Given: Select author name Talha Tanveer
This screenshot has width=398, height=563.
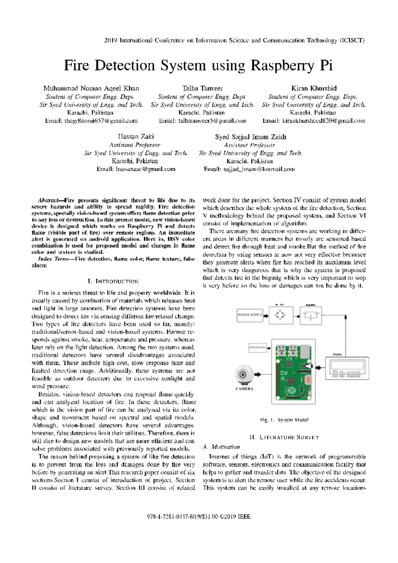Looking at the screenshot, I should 202,88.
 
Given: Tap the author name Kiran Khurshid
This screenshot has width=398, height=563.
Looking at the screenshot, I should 314,88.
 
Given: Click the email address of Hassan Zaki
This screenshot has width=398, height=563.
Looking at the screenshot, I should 136,169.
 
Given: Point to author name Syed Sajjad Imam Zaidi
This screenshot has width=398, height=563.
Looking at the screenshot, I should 250,137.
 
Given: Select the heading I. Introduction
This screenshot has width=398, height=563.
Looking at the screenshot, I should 113,281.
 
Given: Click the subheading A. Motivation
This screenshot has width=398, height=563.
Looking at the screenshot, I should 221,447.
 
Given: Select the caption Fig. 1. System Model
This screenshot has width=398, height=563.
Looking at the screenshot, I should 284,420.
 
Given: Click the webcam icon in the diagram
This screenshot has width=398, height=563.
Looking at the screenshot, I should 244,375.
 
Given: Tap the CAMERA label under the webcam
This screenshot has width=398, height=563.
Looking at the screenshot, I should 244,389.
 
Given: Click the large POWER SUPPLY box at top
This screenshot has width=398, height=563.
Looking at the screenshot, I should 249,315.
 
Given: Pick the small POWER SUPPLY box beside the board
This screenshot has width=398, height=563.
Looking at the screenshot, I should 257,348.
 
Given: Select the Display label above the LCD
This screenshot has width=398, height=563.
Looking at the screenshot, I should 337,355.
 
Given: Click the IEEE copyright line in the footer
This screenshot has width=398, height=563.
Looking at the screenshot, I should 199,517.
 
